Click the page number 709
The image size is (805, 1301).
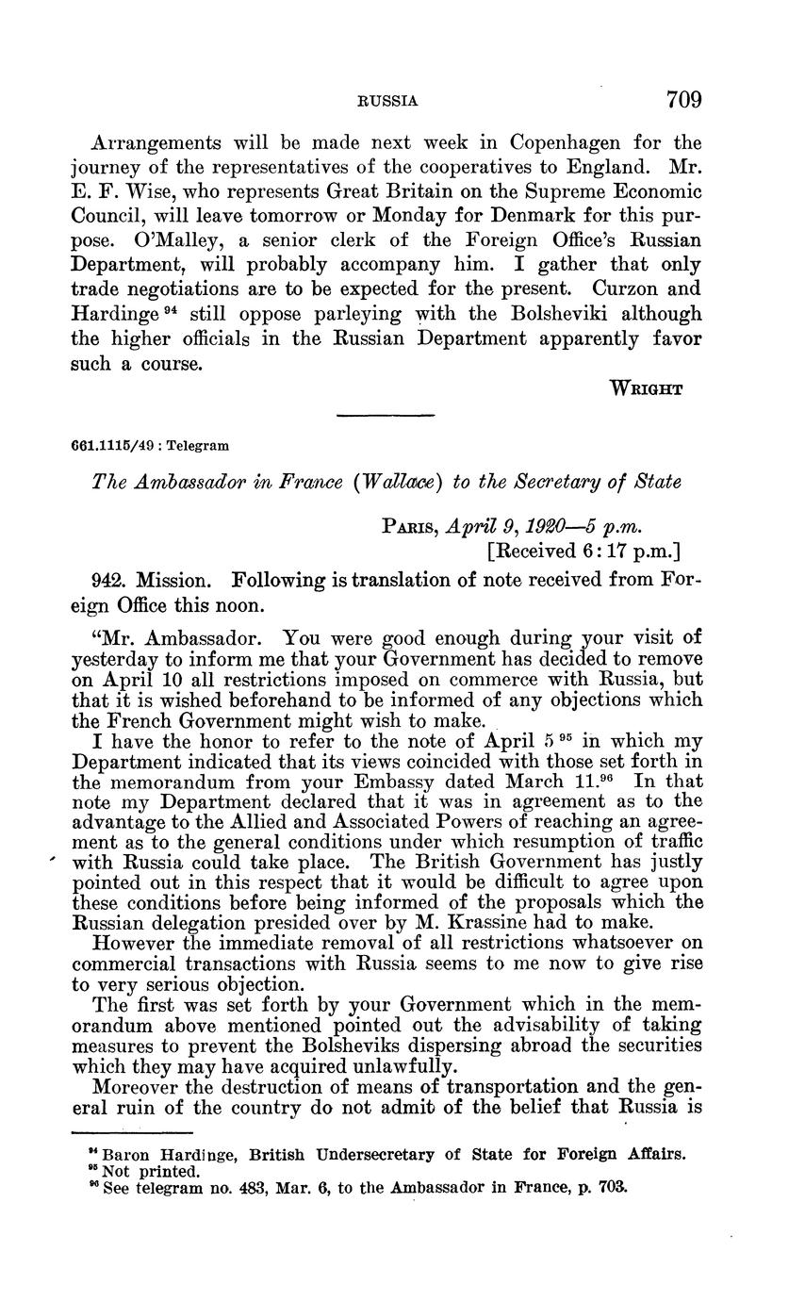(683, 99)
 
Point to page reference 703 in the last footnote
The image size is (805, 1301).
(612, 1189)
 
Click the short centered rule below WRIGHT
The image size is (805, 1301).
(385, 416)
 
